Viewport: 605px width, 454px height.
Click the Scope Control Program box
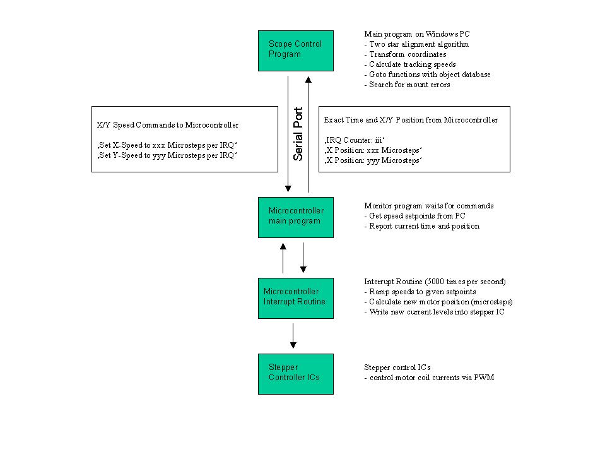click(295, 51)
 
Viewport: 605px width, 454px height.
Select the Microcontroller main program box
click(295, 217)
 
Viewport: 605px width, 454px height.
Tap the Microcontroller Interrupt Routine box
click(295, 297)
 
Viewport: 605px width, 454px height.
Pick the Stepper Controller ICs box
click(295, 374)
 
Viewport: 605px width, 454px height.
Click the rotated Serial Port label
click(298, 133)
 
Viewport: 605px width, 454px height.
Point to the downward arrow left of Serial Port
click(288, 133)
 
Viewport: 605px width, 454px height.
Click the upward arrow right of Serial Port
click(308, 133)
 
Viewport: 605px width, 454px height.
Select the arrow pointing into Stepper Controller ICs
click(293, 335)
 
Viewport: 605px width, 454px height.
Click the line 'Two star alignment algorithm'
click(416, 44)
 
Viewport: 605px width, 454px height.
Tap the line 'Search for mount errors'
click(407, 85)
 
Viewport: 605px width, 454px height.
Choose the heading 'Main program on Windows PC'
click(417, 34)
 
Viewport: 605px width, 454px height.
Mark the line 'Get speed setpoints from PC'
click(414, 216)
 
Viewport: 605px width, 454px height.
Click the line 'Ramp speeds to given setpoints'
click(419, 292)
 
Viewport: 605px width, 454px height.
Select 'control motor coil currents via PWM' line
click(428, 378)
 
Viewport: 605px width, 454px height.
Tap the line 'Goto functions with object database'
click(427, 75)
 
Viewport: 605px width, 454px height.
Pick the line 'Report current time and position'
click(421, 226)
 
